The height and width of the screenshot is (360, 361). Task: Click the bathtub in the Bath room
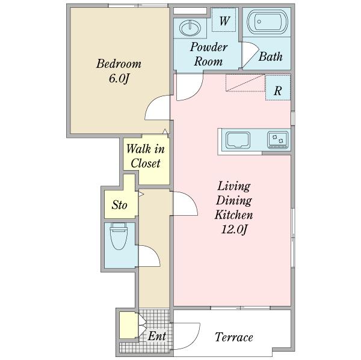click(267, 22)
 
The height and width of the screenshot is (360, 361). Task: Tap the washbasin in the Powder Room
click(190, 28)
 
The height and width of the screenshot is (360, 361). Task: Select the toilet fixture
click(119, 236)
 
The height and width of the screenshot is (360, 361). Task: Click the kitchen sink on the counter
click(238, 140)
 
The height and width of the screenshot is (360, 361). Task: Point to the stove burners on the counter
click(277, 139)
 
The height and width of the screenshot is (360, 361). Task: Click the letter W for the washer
click(224, 21)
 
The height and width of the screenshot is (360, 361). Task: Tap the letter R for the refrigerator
click(277, 91)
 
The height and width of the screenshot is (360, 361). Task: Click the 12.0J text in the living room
click(234, 230)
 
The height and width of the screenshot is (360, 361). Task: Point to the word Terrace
click(234, 337)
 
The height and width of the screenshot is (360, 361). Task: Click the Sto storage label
click(119, 205)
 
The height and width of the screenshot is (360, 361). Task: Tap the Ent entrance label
click(156, 336)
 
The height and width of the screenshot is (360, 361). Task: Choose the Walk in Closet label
click(145, 156)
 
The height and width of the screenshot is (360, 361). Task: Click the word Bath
click(270, 56)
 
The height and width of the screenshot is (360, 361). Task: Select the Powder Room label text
click(209, 54)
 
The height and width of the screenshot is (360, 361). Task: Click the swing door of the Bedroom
click(157, 107)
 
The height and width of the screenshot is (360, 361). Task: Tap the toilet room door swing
click(149, 256)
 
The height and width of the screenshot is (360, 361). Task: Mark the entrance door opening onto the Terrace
click(187, 337)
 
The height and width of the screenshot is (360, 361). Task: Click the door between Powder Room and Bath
click(250, 55)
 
